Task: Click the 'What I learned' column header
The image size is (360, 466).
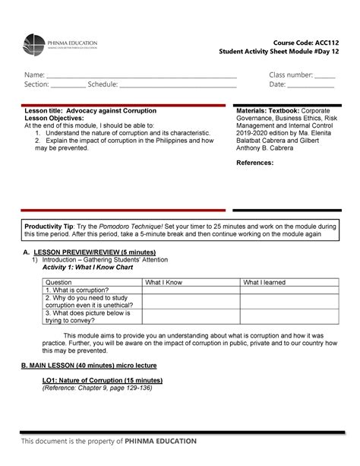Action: click(264, 282)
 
